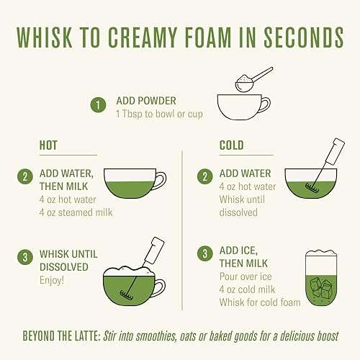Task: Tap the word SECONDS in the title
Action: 304,37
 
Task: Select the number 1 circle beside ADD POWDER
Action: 98,105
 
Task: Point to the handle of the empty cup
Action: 266,104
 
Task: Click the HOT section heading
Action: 48,145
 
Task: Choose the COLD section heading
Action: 231,145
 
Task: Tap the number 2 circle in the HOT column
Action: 25,176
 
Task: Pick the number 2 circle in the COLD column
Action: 205,176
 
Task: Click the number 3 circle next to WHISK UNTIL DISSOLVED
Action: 25,257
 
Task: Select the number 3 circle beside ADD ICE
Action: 205,253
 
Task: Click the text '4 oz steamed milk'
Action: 76,212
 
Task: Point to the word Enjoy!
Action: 52,280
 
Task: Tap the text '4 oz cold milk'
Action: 247,289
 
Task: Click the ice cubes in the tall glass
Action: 321,287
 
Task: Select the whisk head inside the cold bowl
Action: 312,188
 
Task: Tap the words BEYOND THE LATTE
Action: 61,336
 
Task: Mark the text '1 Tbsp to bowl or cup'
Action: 159,114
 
